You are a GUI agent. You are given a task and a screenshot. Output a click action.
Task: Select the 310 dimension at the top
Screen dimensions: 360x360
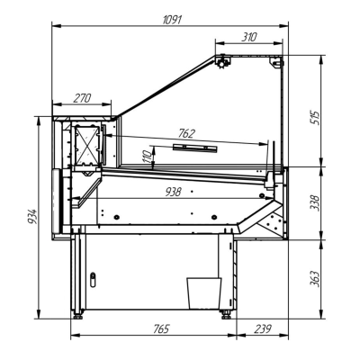250,36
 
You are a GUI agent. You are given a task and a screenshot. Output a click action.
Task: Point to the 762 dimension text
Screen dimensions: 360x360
186,133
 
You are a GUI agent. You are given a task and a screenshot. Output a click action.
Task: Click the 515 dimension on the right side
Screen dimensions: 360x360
315,116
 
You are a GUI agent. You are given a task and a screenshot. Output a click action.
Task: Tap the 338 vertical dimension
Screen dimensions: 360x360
315,203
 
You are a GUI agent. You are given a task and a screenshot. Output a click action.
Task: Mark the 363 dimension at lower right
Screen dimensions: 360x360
315,277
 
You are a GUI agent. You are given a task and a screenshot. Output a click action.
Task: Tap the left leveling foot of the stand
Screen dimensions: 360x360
79,314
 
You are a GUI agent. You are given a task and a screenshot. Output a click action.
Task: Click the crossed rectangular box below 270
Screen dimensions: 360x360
89,145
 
